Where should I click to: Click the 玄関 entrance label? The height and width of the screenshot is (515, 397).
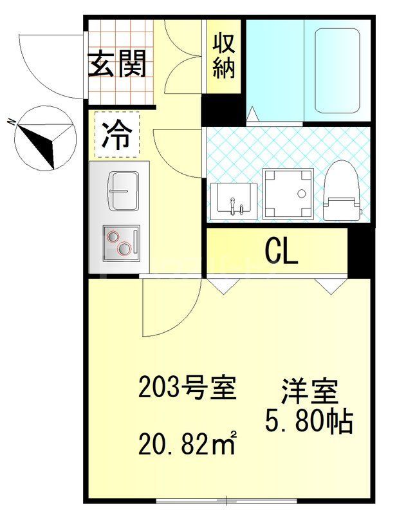(x=117, y=64)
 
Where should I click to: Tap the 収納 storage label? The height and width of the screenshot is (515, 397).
(x=223, y=56)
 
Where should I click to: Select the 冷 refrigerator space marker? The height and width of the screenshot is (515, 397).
(x=116, y=136)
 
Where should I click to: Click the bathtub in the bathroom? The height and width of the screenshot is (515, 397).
(x=336, y=70)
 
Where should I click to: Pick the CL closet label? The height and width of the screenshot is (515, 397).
(x=281, y=252)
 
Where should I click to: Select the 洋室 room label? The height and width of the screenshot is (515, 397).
(x=309, y=392)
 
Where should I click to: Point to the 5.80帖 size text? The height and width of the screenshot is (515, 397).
(x=309, y=422)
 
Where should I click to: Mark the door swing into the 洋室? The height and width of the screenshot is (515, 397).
(x=171, y=309)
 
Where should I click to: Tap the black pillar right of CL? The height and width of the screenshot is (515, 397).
(x=360, y=250)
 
